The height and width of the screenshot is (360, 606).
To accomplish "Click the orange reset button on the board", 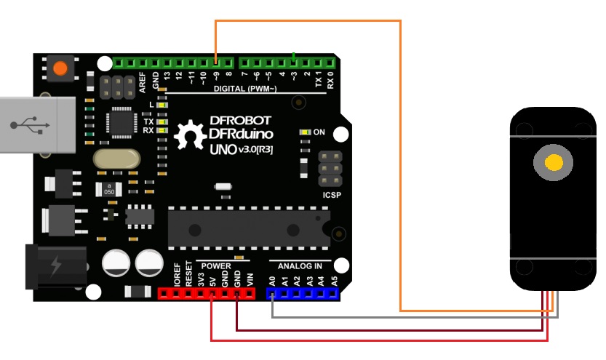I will coord(59,68).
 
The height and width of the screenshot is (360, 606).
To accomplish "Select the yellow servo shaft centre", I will coord(554,162).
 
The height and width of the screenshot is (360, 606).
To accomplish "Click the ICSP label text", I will coord(332,196).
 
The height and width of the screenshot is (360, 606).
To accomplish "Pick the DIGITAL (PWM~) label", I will coord(245,89).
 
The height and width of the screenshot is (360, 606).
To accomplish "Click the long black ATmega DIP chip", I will coord(247,228).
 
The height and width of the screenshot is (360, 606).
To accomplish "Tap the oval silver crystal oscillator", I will coord(116,159).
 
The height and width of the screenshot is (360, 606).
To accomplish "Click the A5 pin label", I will coord(334,279).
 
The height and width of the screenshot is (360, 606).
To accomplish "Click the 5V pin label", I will coord(212,279).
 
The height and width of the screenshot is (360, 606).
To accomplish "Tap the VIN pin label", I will coord(250,278).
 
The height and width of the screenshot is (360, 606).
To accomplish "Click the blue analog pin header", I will coord(303,294).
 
